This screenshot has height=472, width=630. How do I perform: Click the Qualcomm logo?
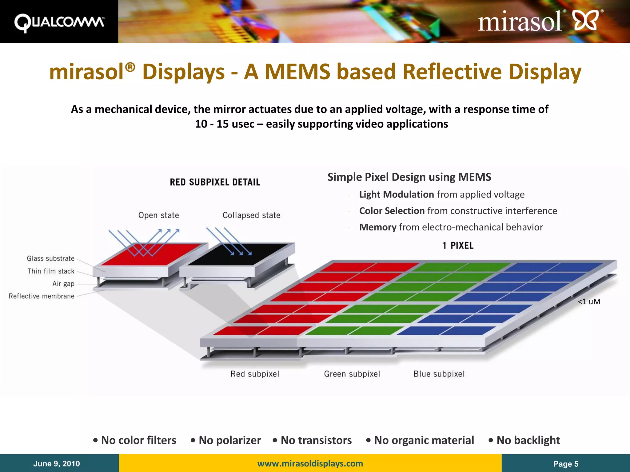pos(59,22)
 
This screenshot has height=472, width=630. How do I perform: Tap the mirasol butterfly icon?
pos(586,20)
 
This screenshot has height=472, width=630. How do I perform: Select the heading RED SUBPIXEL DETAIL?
pos(215,182)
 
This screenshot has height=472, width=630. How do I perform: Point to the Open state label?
pos(158,215)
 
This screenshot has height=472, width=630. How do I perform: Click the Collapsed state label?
pos(251,215)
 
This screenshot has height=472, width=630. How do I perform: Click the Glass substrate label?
pos(50,258)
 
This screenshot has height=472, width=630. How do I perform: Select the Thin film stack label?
pos(51,271)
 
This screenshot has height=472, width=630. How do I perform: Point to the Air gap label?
pos(63,284)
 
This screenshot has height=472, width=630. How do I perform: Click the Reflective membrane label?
pos(42,296)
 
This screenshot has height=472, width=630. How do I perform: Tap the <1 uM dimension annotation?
pos(589,301)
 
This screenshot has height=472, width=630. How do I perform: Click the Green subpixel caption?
pos(352,374)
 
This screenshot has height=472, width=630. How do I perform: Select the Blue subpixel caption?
pos(439,374)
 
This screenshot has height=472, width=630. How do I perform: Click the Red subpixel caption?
pos(255,374)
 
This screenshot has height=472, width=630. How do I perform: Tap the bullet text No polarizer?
pos(229,440)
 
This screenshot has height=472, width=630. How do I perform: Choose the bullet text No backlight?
pos(528,440)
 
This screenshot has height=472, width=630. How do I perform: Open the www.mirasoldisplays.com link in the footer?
pos(310,463)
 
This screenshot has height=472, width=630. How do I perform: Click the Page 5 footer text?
pos(566,464)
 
